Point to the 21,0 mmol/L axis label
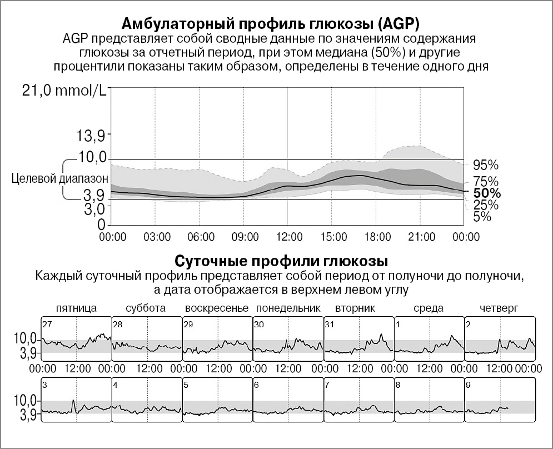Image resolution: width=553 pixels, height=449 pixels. [x=64, y=91]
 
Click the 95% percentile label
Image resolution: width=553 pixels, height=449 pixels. [x=485, y=165]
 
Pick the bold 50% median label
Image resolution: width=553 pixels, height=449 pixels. [x=487, y=193]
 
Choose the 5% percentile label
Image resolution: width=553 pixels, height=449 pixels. [x=482, y=217]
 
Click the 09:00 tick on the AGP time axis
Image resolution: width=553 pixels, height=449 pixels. [x=245, y=237]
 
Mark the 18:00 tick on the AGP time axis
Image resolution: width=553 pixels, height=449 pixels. [x=377, y=237]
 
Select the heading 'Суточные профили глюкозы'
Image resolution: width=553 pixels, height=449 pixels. [x=281, y=261]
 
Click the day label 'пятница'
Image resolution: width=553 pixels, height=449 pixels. [x=77, y=308]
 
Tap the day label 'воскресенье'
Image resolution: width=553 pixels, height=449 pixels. [x=217, y=308]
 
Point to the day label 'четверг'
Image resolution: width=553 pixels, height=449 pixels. [x=499, y=308]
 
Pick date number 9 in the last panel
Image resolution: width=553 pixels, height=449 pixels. [x=469, y=385]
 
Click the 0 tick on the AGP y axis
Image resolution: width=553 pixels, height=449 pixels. [x=102, y=225]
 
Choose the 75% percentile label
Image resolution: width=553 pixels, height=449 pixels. [x=485, y=182]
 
